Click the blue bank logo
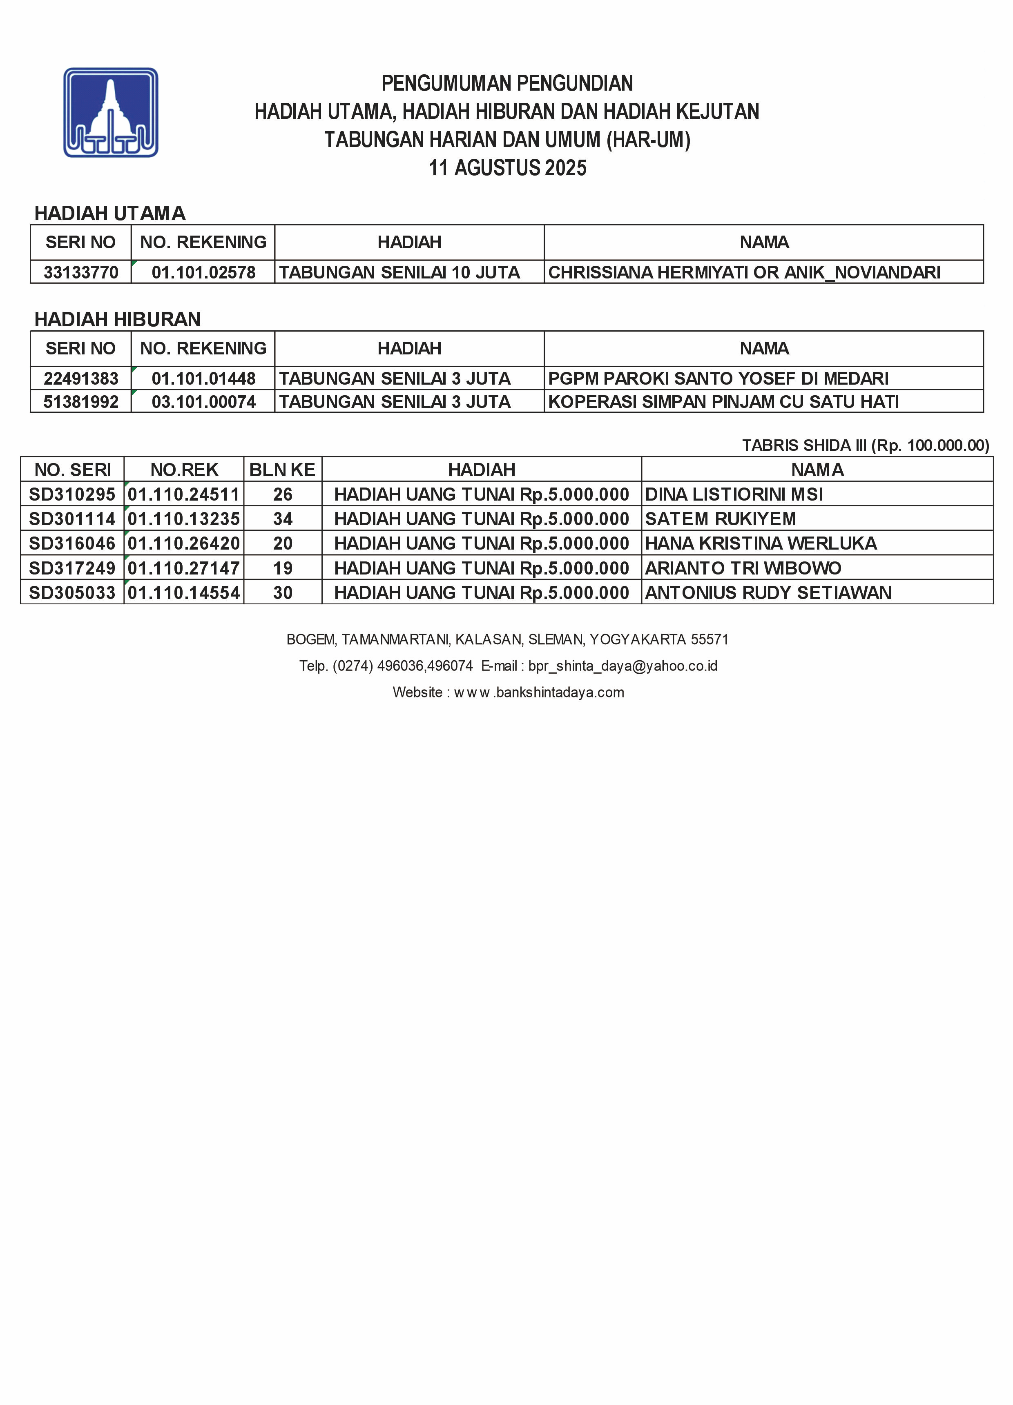tap(111, 112)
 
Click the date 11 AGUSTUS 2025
tap(507, 168)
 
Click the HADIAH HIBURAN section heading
tap(117, 319)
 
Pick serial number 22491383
tap(80, 379)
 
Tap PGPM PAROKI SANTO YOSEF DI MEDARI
tap(718, 379)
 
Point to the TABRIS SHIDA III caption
tap(865, 445)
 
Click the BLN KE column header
tap(283, 470)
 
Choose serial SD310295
tap(72, 494)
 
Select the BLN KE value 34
tap(283, 519)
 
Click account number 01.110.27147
tap(183, 568)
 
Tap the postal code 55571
tap(710, 639)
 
